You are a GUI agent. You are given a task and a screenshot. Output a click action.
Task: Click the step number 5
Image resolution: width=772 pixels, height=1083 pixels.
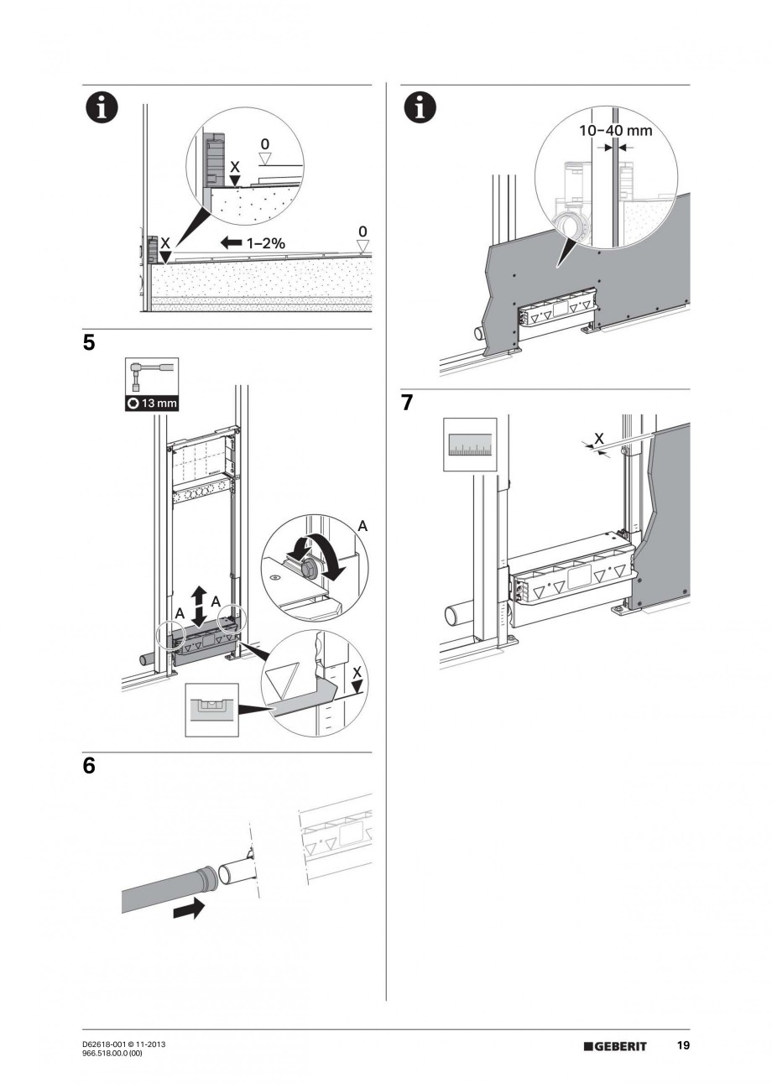pyautogui.click(x=89, y=344)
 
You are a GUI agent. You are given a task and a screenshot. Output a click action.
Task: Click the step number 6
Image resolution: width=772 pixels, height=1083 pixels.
pyautogui.click(x=89, y=767)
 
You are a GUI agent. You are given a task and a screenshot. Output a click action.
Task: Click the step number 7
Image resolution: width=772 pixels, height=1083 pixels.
pyautogui.click(x=407, y=403)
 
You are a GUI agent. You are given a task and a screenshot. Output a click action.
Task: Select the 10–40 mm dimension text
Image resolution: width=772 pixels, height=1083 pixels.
pyautogui.click(x=615, y=131)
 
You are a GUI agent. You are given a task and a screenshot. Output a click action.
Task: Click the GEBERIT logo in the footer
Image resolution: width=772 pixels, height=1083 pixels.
pyautogui.click(x=615, y=1046)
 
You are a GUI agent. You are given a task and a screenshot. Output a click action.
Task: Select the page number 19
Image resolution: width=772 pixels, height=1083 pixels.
pyautogui.click(x=683, y=1046)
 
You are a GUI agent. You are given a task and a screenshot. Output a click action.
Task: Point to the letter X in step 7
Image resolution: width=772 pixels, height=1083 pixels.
pyautogui.click(x=598, y=437)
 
